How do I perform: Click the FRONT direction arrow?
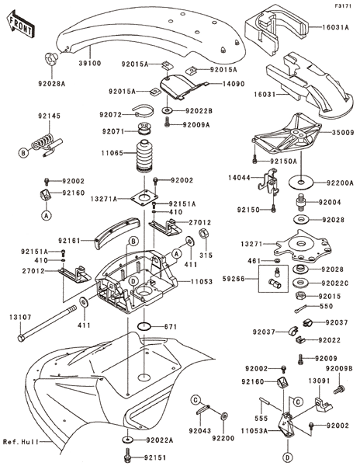pos(20,23)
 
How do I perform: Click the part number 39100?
pos(90,63)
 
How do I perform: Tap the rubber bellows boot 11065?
pos(144,156)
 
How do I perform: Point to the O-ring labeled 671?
pos(144,326)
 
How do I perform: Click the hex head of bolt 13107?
pos(21,338)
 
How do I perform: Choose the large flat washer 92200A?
pos(301,182)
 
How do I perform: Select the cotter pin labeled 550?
pos(302,309)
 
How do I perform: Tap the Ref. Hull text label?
pos(21,442)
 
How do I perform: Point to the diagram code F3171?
pos(343,5)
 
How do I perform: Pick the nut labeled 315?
pos(204,234)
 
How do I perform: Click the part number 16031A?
pos(335,27)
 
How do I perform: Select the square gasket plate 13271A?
pos(144,196)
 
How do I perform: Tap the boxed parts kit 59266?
pos(273,279)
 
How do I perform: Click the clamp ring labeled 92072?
pos(144,111)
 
